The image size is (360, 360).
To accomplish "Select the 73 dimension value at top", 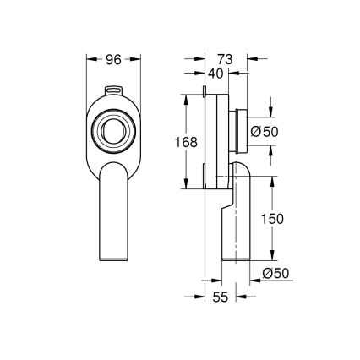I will (x=225, y=60).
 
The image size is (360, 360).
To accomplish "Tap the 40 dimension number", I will (x=215, y=74).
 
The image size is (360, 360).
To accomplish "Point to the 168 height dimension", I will (x=186, y=142).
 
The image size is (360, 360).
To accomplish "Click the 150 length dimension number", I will (x=272, y=219).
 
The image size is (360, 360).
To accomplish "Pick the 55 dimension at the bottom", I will (x=221, y=297).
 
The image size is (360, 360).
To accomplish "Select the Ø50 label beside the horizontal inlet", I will (x=265, y=131).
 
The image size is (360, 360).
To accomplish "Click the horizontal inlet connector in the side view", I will (x=245, y=130).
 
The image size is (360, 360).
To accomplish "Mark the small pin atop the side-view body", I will (x=205, y=90).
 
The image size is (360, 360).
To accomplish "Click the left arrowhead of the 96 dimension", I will (x=90, y=60).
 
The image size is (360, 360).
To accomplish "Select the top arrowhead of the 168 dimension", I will (x=186, y=95).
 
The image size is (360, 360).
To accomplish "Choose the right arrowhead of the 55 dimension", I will (x=241, y=297).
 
